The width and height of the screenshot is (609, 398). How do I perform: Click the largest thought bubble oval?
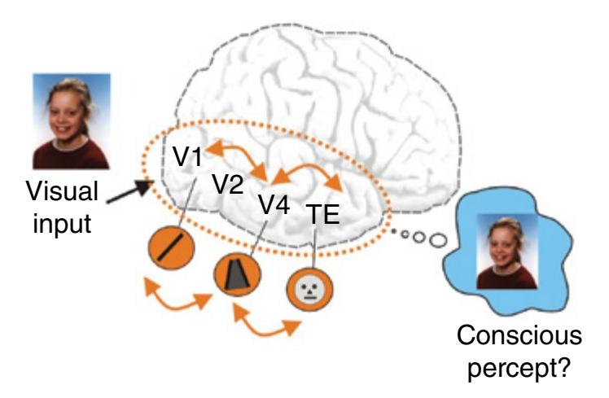coord(437,240)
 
